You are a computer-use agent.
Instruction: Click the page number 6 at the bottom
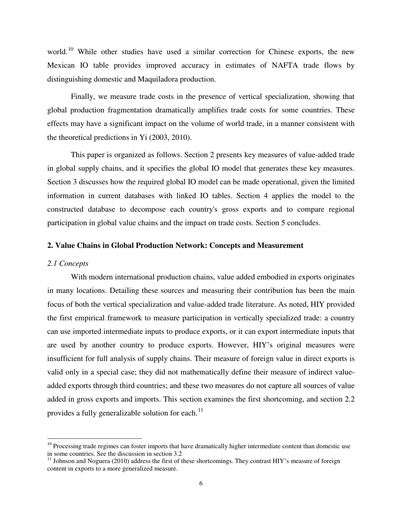[x=201, y=484]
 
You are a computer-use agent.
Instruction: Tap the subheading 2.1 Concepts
[x=68, y=263]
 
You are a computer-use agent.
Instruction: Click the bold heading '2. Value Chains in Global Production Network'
[x=175, y=246]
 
